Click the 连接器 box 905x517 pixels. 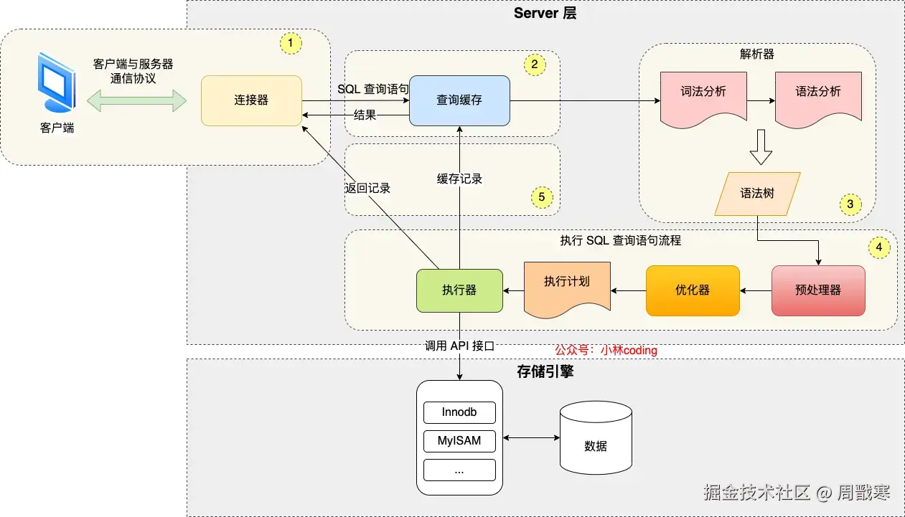pyautogui.click(x=251, y=100)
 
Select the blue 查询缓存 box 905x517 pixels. pyautogui.click(x=459, y=100)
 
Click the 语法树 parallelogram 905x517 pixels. pyautogui.click(x=757, y=194)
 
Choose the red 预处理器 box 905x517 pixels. pyautogui.click(x=818, y=290)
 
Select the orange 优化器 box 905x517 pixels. pyautogui.click(x=693, y=290)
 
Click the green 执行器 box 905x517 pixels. pyautogui.click(x=459, y=290)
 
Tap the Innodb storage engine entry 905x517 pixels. pyautogui.click(x=459, y=412)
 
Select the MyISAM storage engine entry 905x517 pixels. pyautogui.click(x=459, y=440)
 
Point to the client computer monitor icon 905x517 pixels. pyautogui.click(x=57, y=84)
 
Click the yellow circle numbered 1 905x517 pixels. pyautogui.click(x=290, y=43)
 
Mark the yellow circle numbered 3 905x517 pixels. pyautogui.click(x=850, y=204)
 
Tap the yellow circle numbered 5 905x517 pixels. pyautogui.click(x=542, y=196)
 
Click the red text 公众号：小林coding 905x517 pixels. pyautogui.click(x=606, y=351)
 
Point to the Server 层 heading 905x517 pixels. pyautogui.click(x=545, y=14)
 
